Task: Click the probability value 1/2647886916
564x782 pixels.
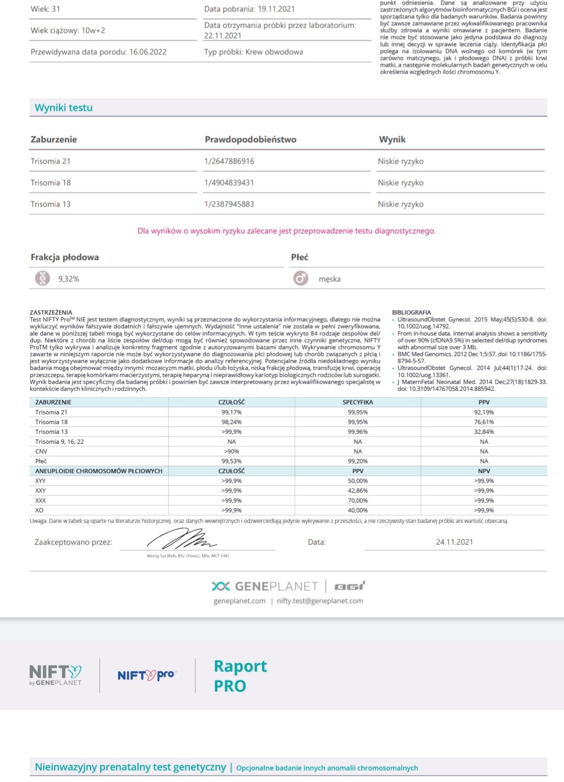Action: point(229,162)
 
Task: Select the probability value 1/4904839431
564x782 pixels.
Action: point(229,183)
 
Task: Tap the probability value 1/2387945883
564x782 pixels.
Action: point(229,204)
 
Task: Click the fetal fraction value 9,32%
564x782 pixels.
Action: point(69,279)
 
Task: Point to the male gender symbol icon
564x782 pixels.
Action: point(300,279)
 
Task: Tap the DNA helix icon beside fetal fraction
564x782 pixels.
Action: point(42,279)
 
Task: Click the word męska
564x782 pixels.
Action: point(330,279)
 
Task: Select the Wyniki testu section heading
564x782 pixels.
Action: point(64,108)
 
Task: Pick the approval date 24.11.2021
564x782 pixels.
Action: point(454,542)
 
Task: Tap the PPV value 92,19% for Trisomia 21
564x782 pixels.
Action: point(484,412)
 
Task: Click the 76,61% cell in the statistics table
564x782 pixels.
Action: point(484,422)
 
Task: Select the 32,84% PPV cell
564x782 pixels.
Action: point(484,432)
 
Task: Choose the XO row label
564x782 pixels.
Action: point(40,510)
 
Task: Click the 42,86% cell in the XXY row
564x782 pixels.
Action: point(358,491)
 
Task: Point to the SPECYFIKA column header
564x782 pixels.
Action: point(358,402)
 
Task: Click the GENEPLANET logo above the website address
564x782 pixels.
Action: point(265,586)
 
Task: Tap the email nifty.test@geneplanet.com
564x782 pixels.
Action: point(320,601)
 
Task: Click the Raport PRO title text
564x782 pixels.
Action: point(240,676)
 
